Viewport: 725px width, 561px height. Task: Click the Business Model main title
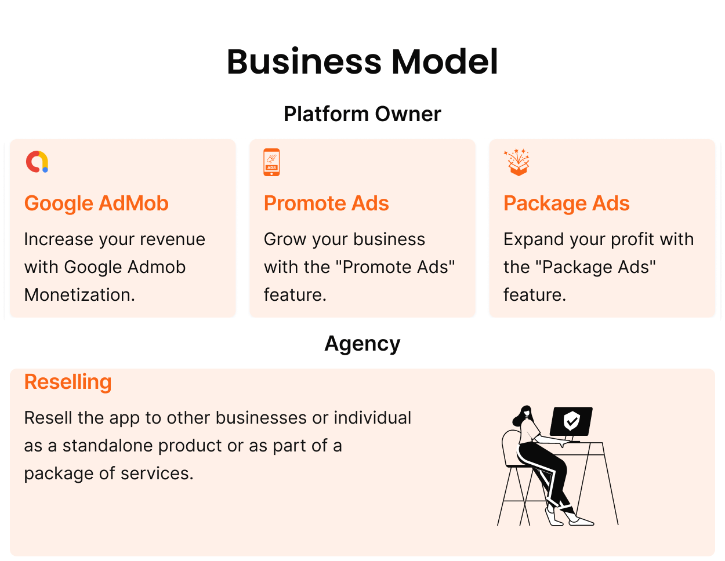362,62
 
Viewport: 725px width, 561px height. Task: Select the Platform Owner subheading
362,114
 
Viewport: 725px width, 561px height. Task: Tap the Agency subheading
362,344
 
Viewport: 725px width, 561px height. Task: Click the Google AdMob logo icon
37,162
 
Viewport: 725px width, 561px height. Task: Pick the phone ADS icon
271,162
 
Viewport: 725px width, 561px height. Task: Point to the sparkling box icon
517,162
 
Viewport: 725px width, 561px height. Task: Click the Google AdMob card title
96,203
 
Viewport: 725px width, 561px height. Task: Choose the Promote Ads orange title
327,203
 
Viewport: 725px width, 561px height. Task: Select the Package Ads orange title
567,203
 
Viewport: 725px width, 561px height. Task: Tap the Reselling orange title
68,382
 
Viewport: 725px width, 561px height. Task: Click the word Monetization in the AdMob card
79,295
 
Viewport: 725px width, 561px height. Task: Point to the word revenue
172,240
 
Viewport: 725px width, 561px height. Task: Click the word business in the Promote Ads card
389,239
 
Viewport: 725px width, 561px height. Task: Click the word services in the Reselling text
157,473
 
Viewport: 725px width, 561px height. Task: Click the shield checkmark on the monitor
571,421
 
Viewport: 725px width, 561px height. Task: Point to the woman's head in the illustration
524,414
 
